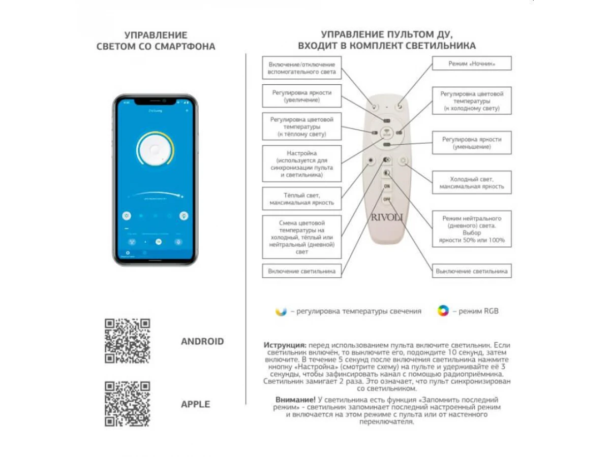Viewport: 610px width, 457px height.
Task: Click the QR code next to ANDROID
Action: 127,341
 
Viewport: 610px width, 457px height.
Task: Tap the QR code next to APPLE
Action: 127,404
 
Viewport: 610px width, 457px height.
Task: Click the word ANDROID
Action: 202,341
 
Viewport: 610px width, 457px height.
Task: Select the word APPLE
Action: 195,404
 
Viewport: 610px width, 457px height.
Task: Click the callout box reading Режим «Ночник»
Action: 472,63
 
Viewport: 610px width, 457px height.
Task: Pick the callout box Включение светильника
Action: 302,271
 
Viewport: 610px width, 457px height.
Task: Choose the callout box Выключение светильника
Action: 472,271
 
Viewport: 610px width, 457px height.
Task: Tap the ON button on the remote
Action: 387,186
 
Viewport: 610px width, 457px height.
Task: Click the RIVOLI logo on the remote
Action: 386,217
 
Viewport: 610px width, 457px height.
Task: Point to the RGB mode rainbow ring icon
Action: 443,311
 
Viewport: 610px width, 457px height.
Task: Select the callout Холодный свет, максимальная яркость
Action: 472,183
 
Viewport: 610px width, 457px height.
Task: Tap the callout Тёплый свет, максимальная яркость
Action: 302,199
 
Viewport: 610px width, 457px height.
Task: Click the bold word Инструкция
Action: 285,344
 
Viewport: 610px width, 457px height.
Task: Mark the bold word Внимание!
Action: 295,400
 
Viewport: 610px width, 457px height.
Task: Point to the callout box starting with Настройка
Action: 302,164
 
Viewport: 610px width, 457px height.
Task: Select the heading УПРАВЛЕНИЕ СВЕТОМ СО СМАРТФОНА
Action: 156,41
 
